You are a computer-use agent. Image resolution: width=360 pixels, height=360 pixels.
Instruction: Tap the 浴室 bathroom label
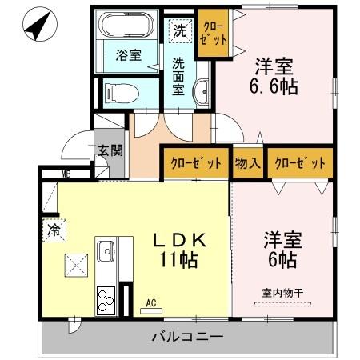(127, 56)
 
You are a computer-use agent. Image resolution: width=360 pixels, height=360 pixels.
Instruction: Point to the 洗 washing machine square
(180, 32)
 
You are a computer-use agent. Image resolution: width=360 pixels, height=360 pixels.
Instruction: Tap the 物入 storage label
(248, 162)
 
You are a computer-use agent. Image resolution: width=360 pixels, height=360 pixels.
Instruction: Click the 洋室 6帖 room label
(281, 249)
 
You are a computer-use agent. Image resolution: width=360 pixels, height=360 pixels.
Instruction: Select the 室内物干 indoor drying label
(282, 291)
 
